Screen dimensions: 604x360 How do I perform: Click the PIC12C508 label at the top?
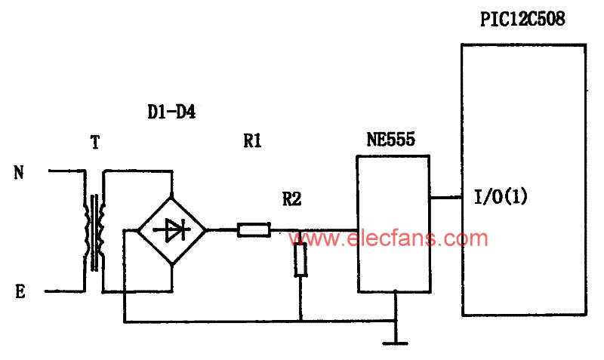(522, 18)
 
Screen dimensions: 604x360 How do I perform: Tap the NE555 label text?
(391, 139)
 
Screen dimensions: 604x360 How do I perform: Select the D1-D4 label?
(171, 112)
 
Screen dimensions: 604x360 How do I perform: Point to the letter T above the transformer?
(95, 142)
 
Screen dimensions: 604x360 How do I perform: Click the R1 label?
(252, 140)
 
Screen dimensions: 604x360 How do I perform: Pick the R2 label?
(291, 198)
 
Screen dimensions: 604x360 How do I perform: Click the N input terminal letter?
(19, 172)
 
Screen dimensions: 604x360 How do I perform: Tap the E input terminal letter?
(20, 291)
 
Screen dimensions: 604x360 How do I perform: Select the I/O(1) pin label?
(501, 197)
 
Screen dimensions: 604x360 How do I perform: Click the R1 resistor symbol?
(254, 230)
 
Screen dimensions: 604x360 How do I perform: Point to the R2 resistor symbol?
(300, 260)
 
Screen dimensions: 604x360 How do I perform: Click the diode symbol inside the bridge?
(172, 230)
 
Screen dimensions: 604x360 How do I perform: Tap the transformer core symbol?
(94, 232)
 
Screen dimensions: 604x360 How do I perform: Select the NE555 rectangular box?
(393, 223)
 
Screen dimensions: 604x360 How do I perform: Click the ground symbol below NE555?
(395, 343)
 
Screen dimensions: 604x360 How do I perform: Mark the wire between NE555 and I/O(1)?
(446, 198)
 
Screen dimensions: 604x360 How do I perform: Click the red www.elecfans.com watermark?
(388, 238)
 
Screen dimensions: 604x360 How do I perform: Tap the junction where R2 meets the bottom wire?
(300, 321)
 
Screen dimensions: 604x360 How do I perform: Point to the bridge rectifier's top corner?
(172, 196)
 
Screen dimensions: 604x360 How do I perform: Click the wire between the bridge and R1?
(222, 230)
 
